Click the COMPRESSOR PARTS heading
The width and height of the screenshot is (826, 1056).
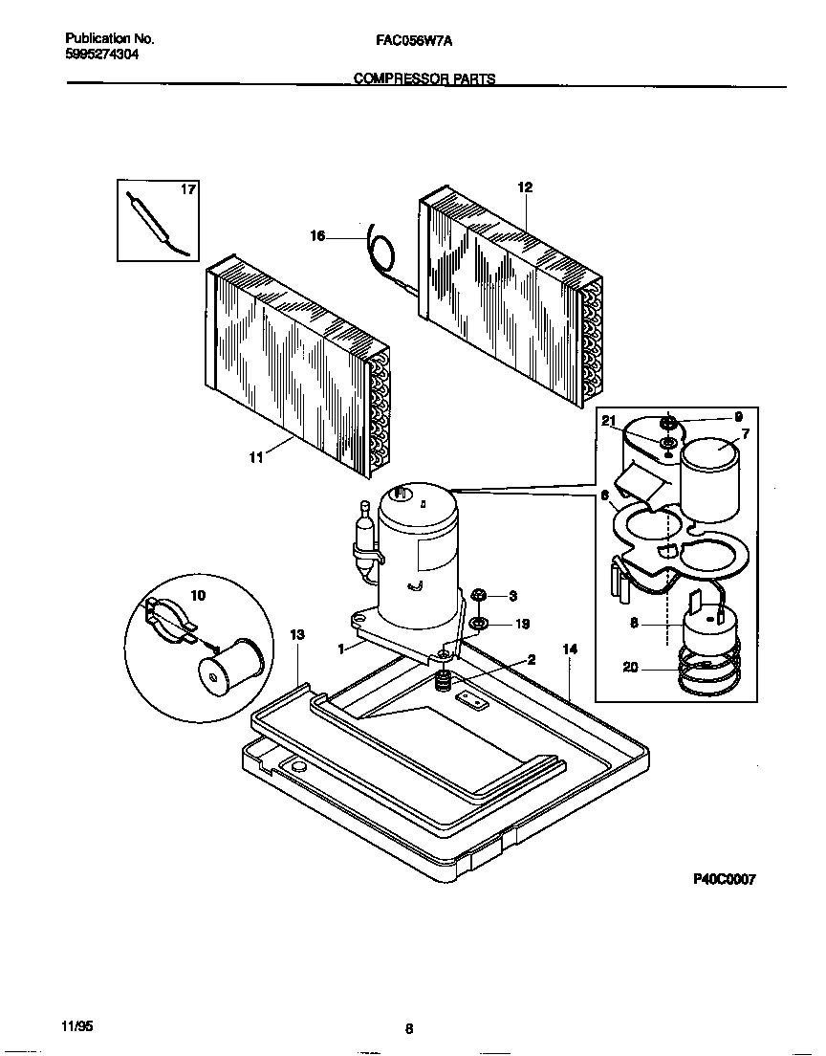(424, 79)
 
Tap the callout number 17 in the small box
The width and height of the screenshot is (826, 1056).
(188, 189)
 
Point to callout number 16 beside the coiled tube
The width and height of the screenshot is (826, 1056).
(317, 235)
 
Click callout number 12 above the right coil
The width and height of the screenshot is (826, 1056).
(524, 187)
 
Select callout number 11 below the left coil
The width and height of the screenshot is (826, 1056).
(255, 458)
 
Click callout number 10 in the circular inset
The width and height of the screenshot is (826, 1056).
(198, 595)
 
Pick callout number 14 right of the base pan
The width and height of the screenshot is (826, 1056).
(570, 649)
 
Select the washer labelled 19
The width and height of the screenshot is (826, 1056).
(478, 625)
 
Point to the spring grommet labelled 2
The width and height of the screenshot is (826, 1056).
(444, 681)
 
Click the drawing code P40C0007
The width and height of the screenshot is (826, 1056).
(724, 880)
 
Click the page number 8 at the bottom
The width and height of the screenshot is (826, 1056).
(409, 1029)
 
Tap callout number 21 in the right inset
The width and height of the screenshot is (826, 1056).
(608, 421)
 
